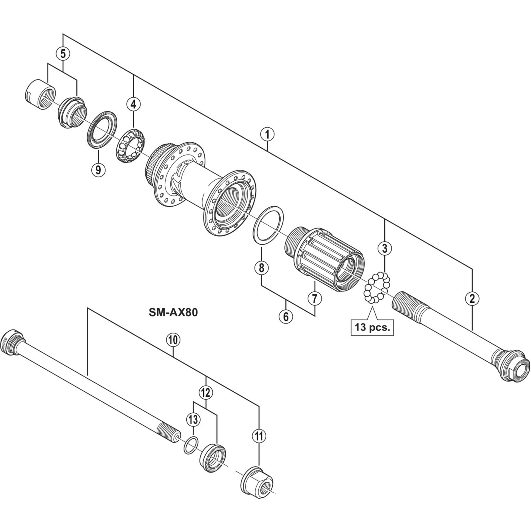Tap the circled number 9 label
[98, 170]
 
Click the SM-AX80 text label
[173, 313]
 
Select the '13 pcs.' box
[372, 327]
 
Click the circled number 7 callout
[315, 298]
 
